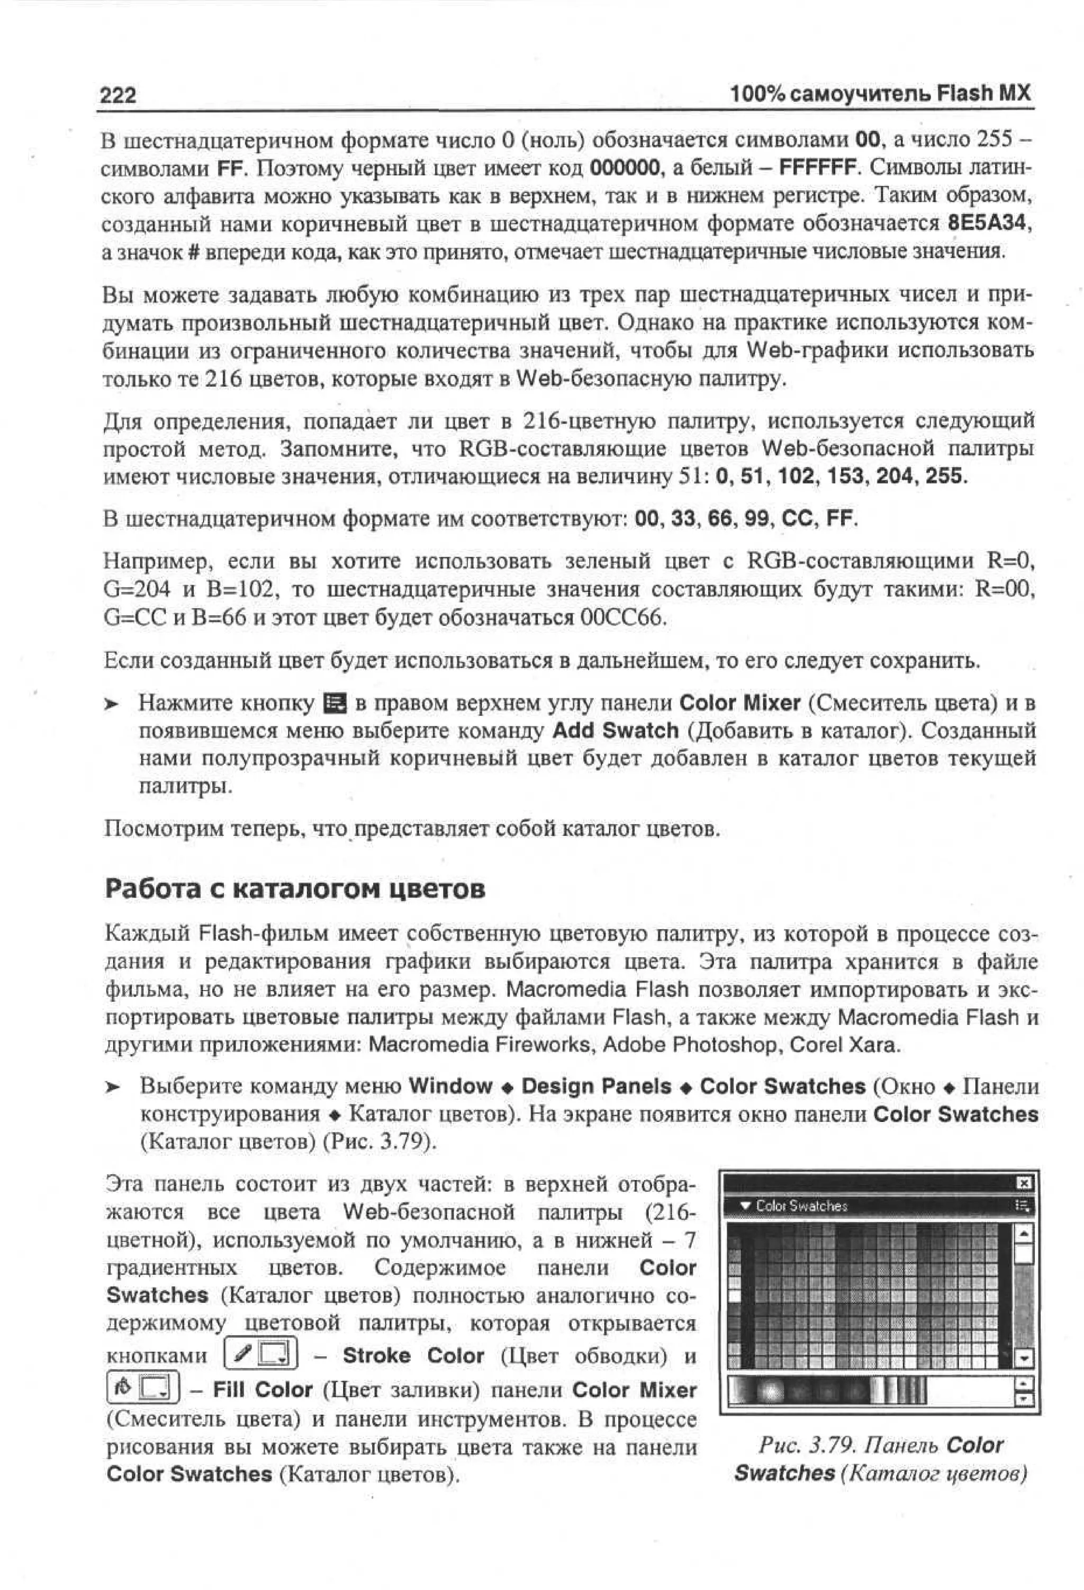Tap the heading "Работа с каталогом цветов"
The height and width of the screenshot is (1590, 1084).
[x=295, y=889]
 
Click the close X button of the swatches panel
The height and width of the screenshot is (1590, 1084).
[x=1024, y=1183]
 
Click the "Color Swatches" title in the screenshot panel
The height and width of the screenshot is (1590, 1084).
[x=801, y=1206]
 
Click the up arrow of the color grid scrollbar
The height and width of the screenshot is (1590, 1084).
[x=1024, y=1233]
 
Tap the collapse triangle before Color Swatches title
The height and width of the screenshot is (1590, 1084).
[x=745, y=1206]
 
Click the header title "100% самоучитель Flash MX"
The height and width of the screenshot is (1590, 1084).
[x=880, y=93]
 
